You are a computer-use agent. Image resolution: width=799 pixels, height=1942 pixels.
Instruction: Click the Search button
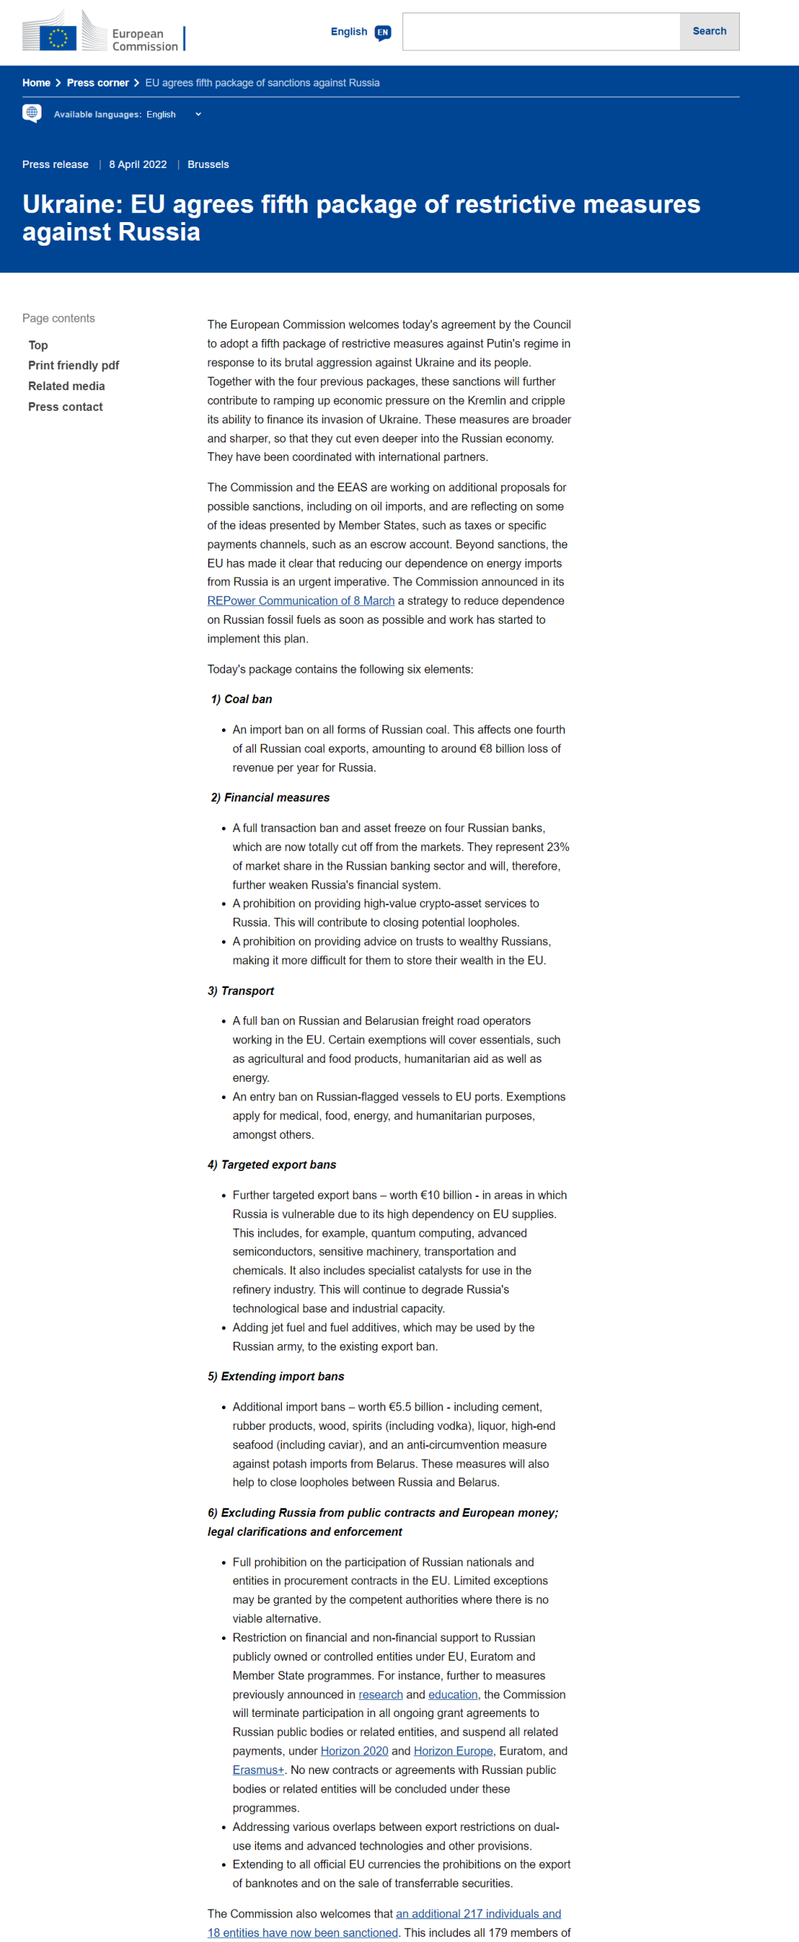coord(709,32)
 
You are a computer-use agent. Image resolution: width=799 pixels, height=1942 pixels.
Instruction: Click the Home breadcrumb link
coord(36,83)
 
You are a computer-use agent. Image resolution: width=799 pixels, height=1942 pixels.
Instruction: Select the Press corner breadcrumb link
coord(97,83)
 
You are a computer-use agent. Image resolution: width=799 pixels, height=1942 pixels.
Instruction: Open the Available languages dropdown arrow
coord(198,115)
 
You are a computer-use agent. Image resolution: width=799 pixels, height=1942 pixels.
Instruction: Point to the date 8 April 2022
coord(138,164)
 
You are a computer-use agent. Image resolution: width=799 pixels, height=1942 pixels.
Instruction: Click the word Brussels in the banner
coord(208,164)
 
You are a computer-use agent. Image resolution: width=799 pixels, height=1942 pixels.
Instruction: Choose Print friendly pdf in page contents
coord(74,366)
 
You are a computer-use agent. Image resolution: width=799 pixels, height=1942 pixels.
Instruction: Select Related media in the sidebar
coord(67,386)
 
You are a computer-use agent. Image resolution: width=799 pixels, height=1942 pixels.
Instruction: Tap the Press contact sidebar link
coord(66,407)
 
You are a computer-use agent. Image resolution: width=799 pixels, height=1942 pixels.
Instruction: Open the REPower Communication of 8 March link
coord(301,601)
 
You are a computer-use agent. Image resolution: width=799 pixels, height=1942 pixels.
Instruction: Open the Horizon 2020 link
coord(354,1751)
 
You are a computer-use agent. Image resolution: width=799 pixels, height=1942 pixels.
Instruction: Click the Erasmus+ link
coord(257,1770)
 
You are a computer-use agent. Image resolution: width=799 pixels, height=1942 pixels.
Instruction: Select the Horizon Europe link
coord(453,1751)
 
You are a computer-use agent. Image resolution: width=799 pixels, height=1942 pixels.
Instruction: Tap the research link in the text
coord(380,1695)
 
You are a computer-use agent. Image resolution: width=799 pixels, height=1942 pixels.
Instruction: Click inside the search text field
coord(542,32)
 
